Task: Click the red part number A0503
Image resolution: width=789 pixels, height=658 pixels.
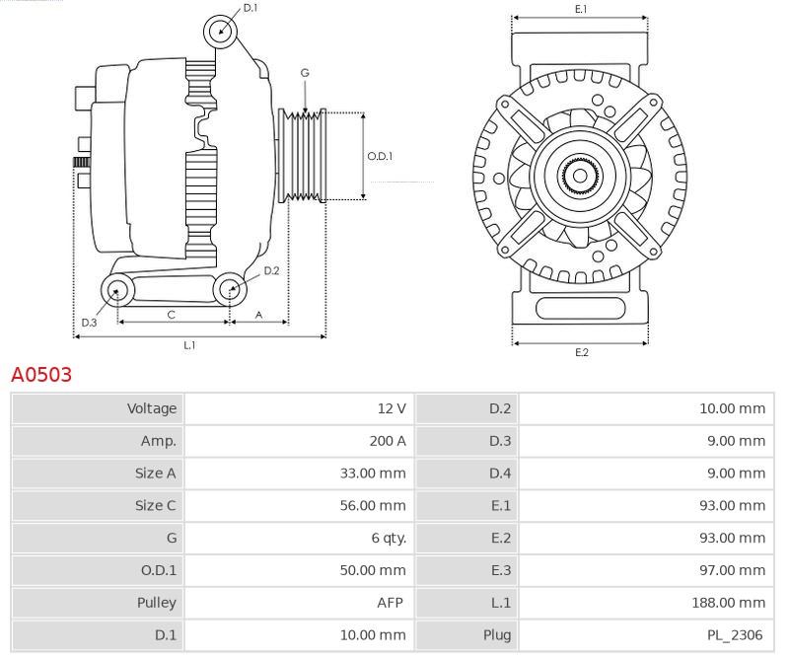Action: pos(40,375)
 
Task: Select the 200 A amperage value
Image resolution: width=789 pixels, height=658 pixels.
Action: pos(387,441)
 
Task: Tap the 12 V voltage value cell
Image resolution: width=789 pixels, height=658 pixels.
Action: pos(391,408)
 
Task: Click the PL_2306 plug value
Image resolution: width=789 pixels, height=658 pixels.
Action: pos(736,634)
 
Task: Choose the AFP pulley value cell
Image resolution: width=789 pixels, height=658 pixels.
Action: pos(392,602)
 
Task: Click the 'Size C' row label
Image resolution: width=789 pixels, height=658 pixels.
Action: pos(155,505)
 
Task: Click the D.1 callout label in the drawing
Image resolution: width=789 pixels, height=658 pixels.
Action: pos(251,8)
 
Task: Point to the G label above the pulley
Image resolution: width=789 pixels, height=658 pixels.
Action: pos(305,73)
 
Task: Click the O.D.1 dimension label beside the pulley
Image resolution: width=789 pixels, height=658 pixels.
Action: pos(380,156)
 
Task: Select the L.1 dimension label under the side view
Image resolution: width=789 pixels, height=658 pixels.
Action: pos(189,345)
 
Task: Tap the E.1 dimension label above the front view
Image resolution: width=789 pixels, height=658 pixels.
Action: pos(581,9)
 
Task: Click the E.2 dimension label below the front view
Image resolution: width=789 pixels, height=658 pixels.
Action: pos(581,352)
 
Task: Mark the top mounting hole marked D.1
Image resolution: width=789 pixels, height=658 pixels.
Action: pos(221,31)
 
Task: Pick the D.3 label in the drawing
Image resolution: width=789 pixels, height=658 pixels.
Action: pos(89,323)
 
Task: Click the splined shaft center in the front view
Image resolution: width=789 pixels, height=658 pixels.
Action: pos(580,177)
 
